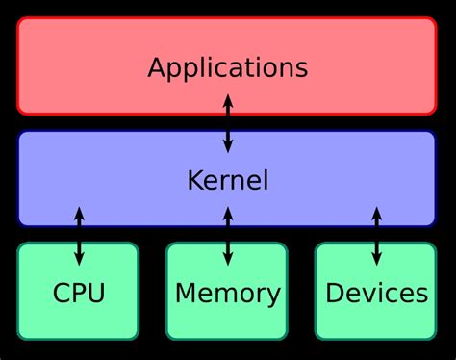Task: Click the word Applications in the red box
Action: (227, 68)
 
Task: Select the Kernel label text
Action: (227, 180)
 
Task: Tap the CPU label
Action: (79, 293)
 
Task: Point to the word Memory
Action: (227, 293)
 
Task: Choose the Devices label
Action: (376, 293)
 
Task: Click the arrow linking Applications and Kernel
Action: (227, 123)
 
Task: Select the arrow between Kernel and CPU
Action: (79, 236)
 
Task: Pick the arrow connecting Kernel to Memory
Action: (227, 236)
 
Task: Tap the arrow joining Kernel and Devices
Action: (376, 236)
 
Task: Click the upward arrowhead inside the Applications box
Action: (227, 99)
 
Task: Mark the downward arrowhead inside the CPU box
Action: (79, 260)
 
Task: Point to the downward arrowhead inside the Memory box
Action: (227, 260)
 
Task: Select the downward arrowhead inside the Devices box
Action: (376, 260)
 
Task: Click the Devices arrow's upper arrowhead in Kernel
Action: (376, 212)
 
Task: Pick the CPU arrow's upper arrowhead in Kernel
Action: (79, 212)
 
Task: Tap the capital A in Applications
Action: (157, 67)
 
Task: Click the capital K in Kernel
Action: (194, 180)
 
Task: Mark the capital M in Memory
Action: (186, 293)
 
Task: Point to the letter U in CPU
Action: (95, 293)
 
